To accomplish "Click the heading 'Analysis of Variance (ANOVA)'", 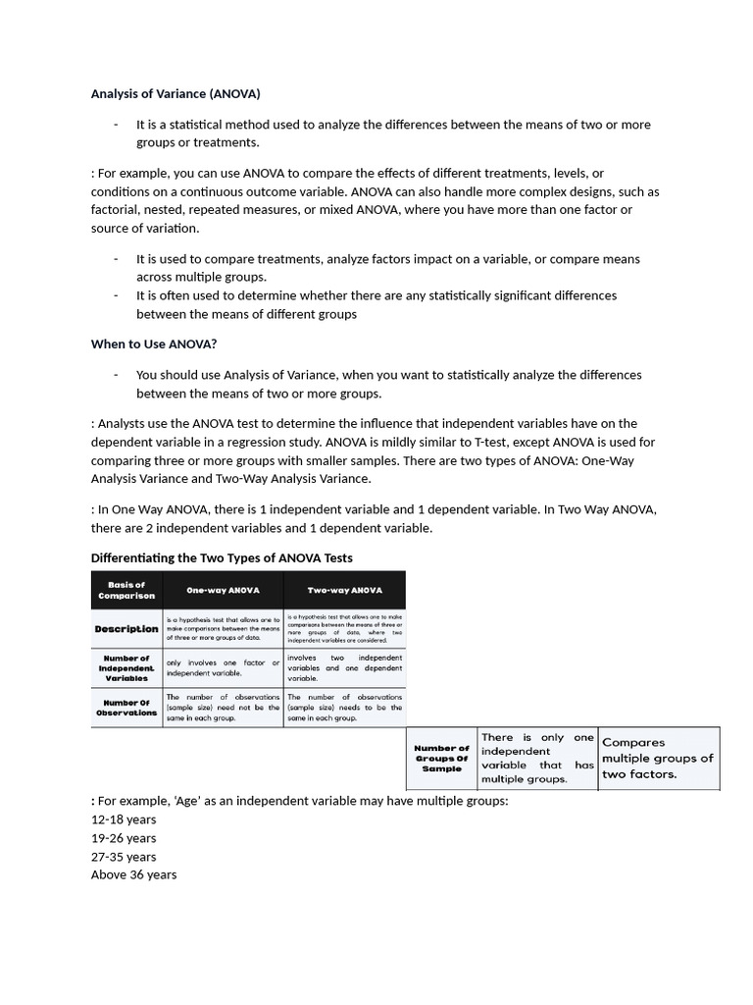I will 176,94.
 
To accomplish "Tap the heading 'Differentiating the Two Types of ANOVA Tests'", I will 222,557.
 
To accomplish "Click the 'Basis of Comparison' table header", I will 126,590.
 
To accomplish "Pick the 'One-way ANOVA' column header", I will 224,591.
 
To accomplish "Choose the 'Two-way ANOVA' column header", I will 344,591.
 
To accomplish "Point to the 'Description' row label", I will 126,628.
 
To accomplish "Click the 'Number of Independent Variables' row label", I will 125,667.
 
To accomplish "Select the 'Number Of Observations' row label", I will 125,708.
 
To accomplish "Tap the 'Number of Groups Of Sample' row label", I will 442,758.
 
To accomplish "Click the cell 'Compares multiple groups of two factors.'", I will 657,758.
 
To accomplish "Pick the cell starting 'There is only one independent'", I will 537,758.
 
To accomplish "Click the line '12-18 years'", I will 124,820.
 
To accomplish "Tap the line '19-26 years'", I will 124,838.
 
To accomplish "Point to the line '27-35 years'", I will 124,857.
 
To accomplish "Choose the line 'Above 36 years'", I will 134,874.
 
